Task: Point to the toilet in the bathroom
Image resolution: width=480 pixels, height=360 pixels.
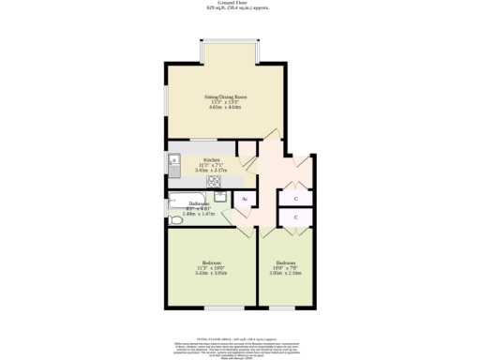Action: click(176, 220)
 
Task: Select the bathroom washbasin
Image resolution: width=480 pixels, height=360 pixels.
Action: click(218, 196)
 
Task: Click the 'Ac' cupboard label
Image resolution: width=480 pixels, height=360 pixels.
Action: click(245, 199)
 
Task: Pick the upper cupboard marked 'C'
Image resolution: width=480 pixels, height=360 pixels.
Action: click(296, 199)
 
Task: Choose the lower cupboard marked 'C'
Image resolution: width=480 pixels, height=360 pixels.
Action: click(296, 217)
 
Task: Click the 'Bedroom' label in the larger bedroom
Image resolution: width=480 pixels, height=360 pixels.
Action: click(212, 262)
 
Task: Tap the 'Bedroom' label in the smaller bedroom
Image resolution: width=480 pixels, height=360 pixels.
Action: click(286, 262)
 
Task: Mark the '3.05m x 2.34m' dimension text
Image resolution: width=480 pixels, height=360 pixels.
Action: click(286, 274)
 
